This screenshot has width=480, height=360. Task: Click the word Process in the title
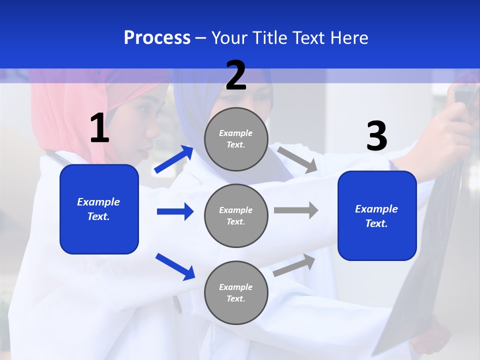click(157, 38)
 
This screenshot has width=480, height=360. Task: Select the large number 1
click(99, 128)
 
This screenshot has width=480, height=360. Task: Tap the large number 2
click(236, 75)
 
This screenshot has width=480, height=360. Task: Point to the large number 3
click(377, 136)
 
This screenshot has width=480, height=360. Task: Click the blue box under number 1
click(99, 209)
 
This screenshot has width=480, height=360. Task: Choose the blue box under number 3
click(377, 215)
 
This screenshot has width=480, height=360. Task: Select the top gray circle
click(236, 138)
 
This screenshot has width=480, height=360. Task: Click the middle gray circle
click(236, 215)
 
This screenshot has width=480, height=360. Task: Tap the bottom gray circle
click(236, 292)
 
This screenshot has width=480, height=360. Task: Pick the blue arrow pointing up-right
click(174, 159)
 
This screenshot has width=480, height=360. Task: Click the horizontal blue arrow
click(175, 211)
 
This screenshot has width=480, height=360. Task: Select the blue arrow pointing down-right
click(175, 266)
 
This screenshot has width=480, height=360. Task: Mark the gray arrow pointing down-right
click(297, 159)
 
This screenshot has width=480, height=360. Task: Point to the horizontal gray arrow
click(296, 210)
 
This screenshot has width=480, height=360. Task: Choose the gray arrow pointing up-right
click(294, 265)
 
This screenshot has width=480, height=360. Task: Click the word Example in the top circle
click(235, 133)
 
